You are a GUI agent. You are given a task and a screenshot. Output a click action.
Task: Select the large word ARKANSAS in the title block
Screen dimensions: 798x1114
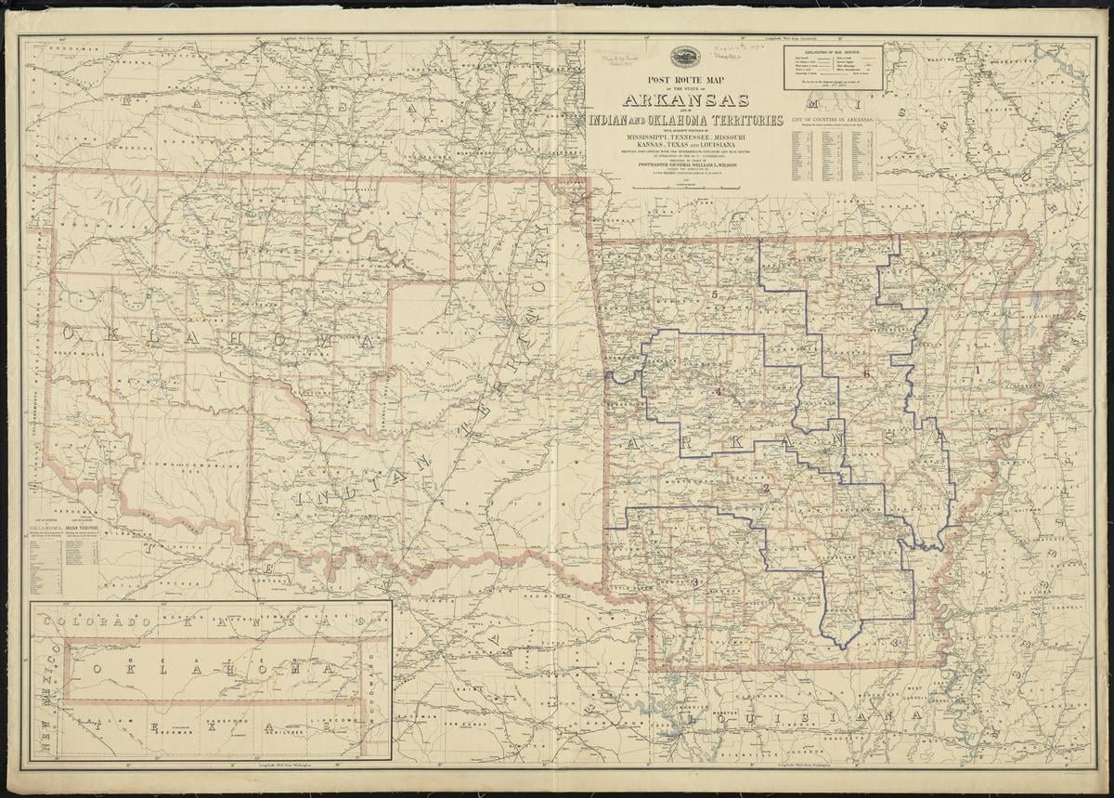686,100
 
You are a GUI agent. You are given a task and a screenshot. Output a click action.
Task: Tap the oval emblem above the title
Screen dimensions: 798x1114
686,58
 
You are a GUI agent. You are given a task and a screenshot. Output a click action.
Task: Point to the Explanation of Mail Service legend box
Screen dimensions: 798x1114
833,68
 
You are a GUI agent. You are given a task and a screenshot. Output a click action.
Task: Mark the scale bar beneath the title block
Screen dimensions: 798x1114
686,188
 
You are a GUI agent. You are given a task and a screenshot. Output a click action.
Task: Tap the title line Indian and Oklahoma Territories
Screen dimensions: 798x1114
686,121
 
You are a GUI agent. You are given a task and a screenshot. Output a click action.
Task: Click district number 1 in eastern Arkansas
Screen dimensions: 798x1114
977,370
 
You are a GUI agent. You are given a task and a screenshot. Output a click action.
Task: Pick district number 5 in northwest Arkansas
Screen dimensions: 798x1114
715,295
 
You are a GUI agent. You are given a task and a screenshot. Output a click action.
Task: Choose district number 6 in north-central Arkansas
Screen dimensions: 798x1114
866,373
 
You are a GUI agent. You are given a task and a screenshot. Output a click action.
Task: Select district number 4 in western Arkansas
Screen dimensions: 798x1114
718,391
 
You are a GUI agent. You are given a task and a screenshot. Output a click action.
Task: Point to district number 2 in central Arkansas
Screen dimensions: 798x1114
766,488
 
